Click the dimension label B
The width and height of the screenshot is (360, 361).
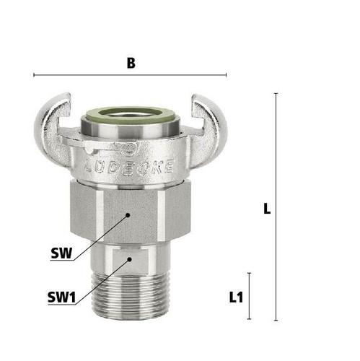point(131,64)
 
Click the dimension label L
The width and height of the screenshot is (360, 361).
point(267,209)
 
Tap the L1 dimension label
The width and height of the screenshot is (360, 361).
point(236,297)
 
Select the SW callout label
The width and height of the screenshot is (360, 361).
point(61,253)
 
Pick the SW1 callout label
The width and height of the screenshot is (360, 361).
point(61,297)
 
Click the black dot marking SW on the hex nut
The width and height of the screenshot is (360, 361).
point(128,215)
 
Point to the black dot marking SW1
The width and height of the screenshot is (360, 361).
point(130,259)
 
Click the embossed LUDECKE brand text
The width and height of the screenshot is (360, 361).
point(130,166)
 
